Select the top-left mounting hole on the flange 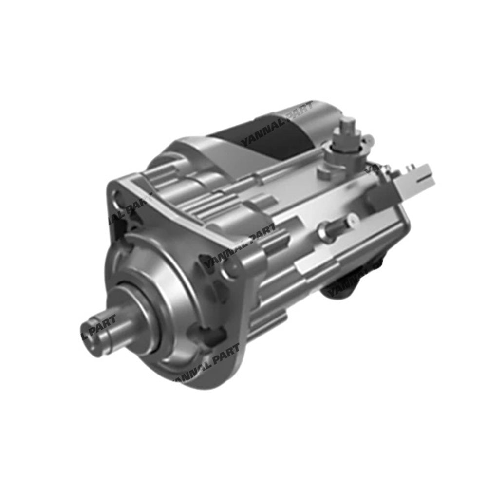(x=118, y=197)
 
